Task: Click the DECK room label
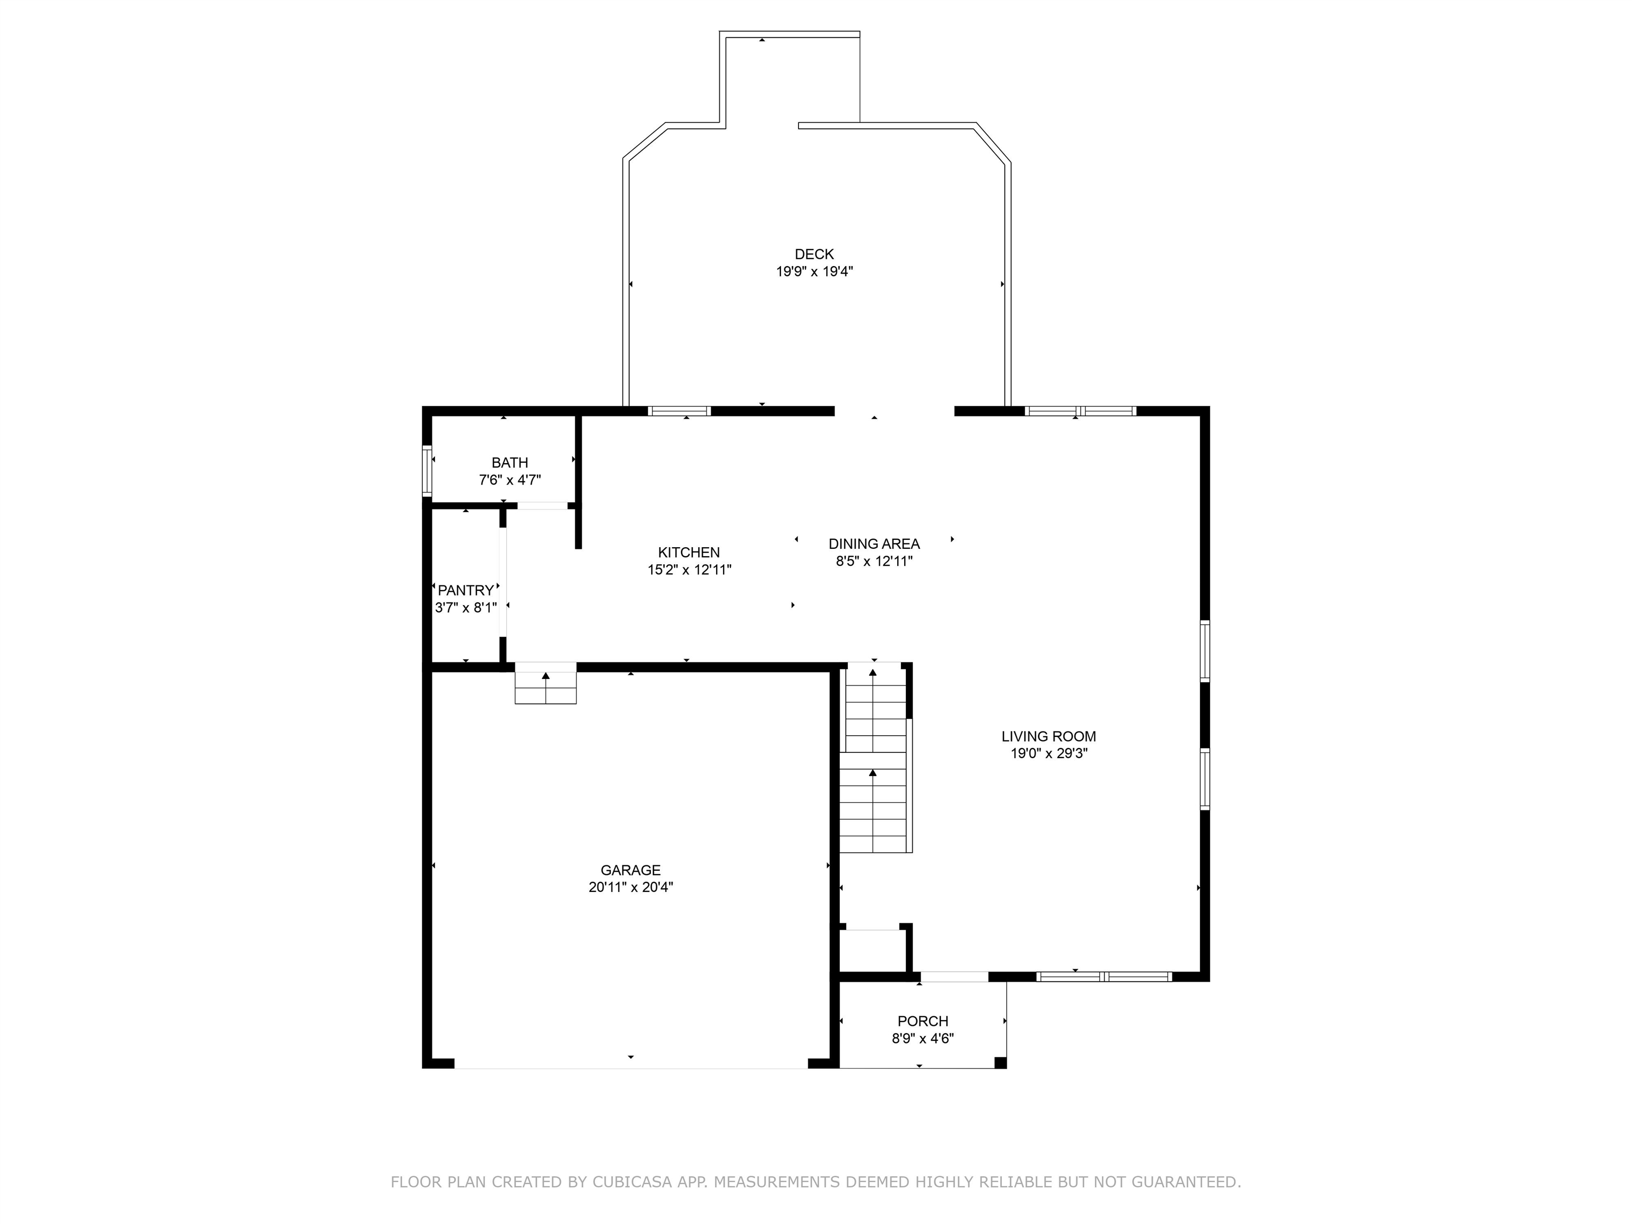814,254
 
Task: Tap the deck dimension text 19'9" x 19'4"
814,271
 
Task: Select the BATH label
510,463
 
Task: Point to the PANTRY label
465,590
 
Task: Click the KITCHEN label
689,552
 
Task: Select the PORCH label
923,1021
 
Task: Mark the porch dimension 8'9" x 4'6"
923,1039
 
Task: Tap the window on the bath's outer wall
427,469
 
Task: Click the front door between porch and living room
954,977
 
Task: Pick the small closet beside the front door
873,951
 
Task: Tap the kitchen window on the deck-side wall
679,411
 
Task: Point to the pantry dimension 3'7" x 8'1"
465,608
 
